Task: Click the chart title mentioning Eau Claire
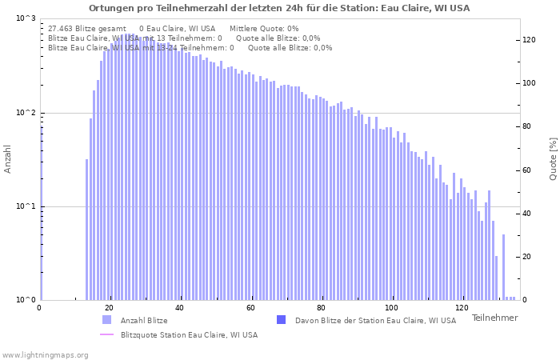(x=279, y=8)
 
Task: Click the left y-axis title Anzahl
(x=8, y=159)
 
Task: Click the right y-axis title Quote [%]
(x=553, y=159)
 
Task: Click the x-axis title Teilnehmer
(x=494, y=318)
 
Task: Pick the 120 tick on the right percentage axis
(x=530, y=40)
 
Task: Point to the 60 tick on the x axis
(x=251, y=308)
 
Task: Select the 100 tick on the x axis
(x=391, y=308)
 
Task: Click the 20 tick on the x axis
(x=110, y=308)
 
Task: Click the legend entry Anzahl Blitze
(x=144, y=321)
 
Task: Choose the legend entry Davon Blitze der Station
(x=375, y=321)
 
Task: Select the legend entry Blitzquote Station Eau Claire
(x=189, y=335)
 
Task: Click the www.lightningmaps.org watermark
(x=44, y=354)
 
